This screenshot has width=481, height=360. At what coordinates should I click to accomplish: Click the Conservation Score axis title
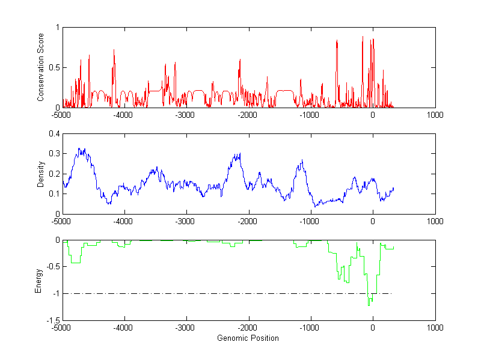40,67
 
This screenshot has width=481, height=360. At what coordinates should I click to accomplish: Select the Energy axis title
38,280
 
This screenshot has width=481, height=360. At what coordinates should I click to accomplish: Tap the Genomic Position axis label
248,338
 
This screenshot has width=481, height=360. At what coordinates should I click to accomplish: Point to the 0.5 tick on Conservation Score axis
54,67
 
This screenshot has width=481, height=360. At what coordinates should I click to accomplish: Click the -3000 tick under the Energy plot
186,328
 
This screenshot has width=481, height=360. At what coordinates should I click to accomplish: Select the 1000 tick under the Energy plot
435,328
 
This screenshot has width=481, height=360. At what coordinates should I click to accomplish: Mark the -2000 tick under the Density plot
248,221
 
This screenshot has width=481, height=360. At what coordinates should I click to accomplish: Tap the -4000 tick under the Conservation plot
123,114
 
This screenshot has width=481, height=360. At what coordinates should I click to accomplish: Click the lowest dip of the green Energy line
369,305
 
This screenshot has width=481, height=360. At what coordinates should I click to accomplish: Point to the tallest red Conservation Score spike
363,37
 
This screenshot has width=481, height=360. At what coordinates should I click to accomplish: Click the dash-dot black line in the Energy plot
228,293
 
